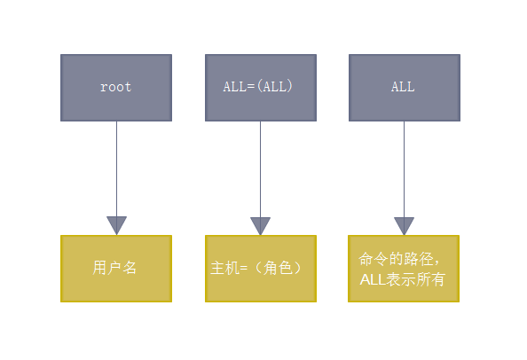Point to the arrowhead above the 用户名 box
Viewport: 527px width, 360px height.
coord(116,225)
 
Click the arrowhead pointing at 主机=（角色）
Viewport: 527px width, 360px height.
coord(260,225)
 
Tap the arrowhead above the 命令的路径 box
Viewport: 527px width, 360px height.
coord(404,225)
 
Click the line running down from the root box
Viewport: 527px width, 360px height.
coord(116,168)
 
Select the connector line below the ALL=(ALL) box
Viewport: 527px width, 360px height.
coord(260,168)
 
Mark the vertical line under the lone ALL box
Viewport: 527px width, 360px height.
coord(404,168)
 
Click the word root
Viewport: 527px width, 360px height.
coord(115,87)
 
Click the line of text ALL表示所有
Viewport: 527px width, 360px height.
coord(403,279)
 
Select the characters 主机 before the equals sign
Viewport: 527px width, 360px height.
coord(224,268)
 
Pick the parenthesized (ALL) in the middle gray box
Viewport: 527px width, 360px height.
coord(274,87)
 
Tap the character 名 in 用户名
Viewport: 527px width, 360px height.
coord(130,267)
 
